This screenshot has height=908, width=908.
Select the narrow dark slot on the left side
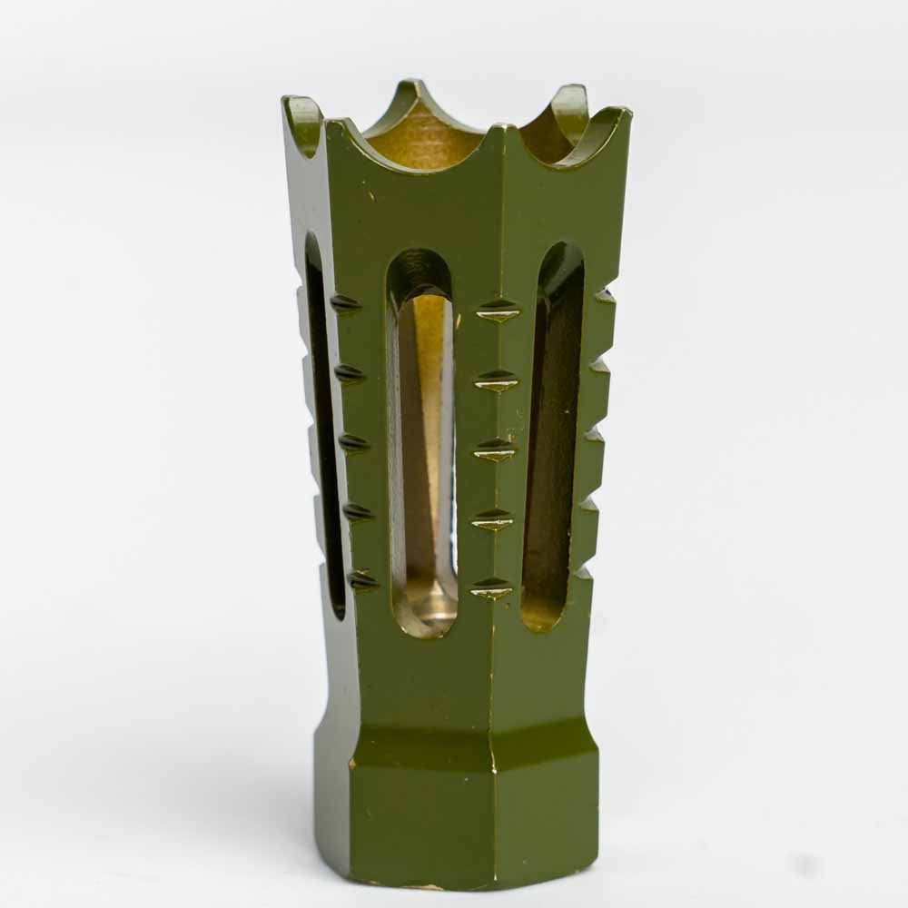point(322,427)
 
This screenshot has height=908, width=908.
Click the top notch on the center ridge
point(498,311)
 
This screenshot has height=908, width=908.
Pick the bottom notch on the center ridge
point(491,589)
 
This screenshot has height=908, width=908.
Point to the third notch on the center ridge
point(495,449)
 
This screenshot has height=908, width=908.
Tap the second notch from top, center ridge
point(497,380)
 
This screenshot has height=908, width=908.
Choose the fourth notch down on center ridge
point(492,520)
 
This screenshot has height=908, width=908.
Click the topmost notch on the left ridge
point(345,303)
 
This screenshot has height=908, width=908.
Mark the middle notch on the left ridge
point(353,443)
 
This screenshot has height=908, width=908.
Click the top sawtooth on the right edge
point(605,295)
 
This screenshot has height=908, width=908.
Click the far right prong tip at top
point(623,113)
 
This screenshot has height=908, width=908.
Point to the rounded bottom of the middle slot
point(425,619)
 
